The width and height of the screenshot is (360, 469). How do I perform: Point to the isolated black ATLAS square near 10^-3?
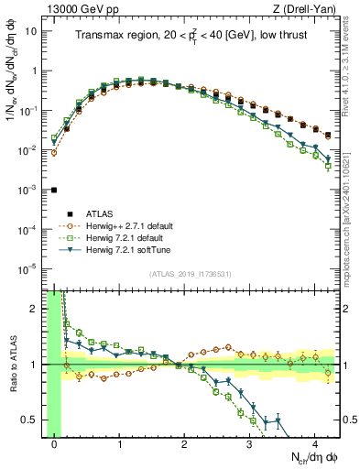click(54, 190)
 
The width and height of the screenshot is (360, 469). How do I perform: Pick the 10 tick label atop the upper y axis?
click(33, 30)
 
